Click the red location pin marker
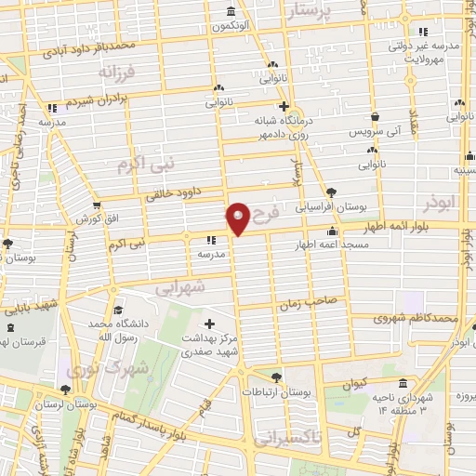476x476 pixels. coord(238,218)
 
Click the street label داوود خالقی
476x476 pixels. coord(179,193)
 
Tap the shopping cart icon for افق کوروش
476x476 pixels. coord(96,205)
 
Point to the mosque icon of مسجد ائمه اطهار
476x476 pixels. coord(332,232)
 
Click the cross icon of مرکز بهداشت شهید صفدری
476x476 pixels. coord(208,324)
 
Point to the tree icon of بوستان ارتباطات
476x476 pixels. coord(277,377)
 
